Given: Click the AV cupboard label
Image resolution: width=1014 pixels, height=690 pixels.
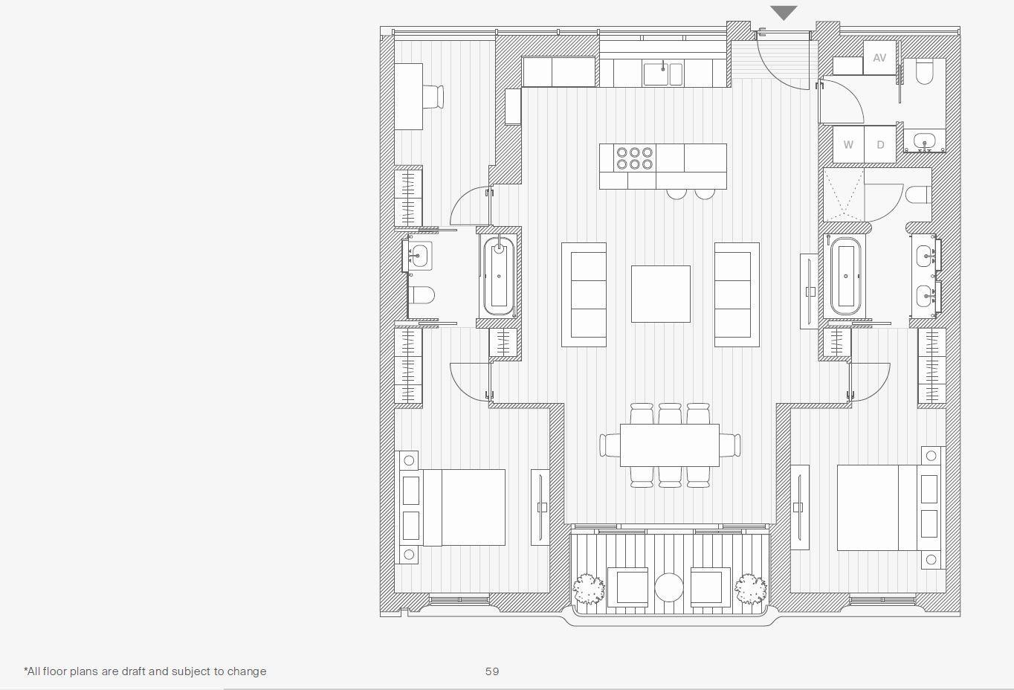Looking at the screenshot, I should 879,57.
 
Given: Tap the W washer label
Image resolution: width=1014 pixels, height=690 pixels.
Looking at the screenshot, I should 848,145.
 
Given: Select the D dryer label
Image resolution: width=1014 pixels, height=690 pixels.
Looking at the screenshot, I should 880,145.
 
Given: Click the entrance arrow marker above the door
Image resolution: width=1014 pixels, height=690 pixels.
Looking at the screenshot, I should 784,13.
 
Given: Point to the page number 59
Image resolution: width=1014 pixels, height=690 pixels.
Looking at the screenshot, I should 492,671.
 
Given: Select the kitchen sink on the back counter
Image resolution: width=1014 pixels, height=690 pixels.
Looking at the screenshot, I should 663,74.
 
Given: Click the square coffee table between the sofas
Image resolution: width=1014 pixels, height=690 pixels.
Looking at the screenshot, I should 660,294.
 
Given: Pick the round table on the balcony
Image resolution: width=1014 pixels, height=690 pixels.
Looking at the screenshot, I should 669,587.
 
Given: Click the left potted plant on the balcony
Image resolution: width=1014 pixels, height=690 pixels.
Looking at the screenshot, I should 589,588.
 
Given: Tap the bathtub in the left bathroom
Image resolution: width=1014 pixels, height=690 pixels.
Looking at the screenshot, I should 499,276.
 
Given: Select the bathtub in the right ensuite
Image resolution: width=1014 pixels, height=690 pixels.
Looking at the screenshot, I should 845,277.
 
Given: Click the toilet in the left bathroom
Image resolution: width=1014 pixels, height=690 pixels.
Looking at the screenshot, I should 422,295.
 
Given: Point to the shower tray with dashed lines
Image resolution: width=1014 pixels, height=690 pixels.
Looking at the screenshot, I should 844,194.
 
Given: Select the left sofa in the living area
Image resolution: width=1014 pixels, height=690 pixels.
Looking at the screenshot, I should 584,294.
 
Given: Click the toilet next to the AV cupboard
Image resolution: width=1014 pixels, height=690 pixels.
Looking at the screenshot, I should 924,71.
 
